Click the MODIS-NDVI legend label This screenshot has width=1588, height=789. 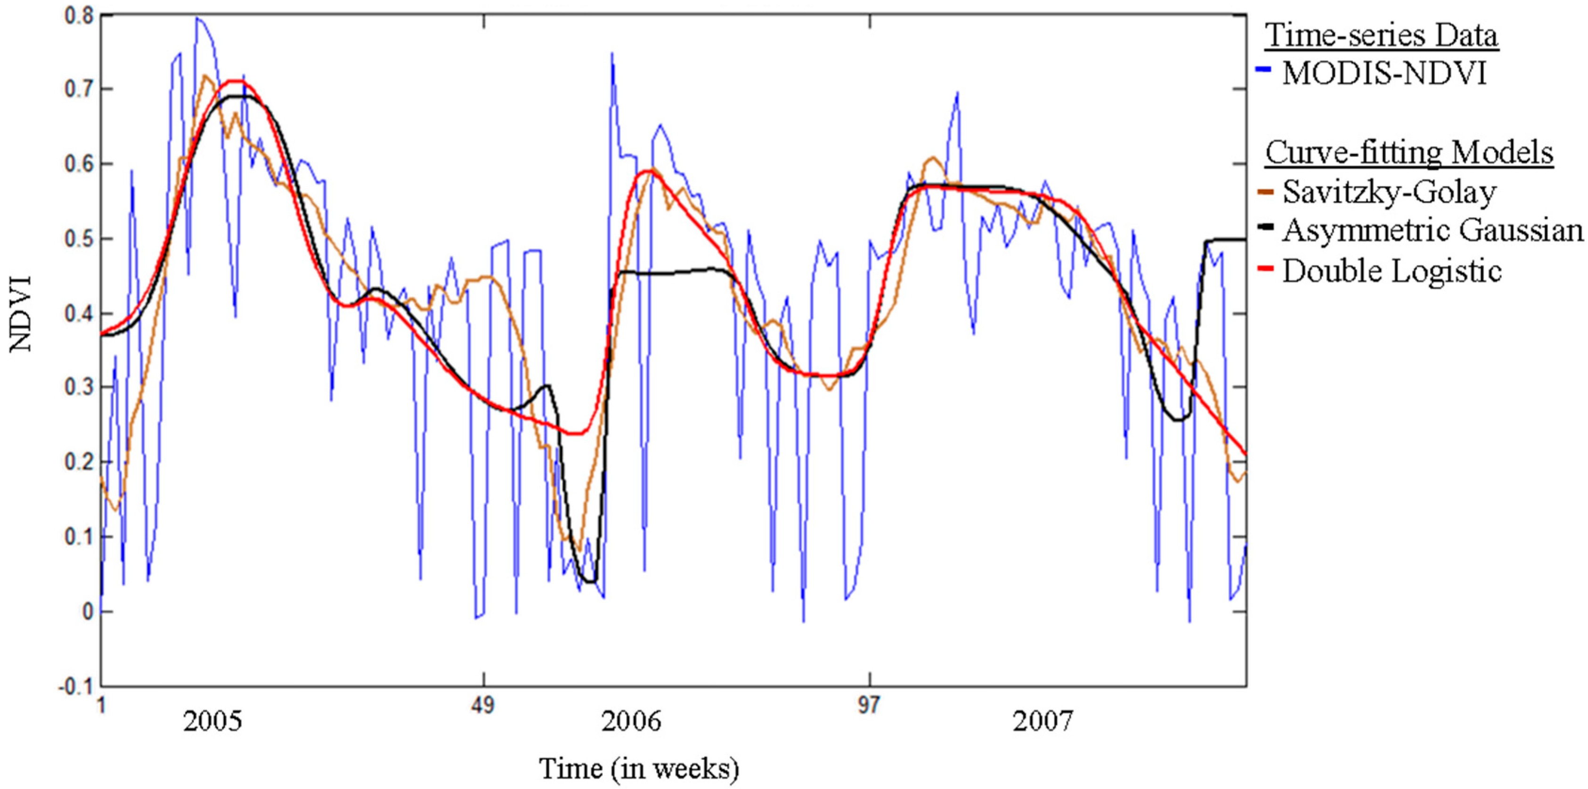click(1384, 73)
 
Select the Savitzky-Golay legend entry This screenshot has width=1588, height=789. click(1389, 192)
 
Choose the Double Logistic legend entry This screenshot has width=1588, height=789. click(1392, 270)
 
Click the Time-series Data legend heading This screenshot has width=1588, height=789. click(1381, 35)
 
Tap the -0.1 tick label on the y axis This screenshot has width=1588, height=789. click(76, 687)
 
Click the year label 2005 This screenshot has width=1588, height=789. click(212, 721)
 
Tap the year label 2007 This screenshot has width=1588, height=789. click(1043, 721)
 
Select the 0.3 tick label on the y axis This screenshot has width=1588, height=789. click(79, 388)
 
